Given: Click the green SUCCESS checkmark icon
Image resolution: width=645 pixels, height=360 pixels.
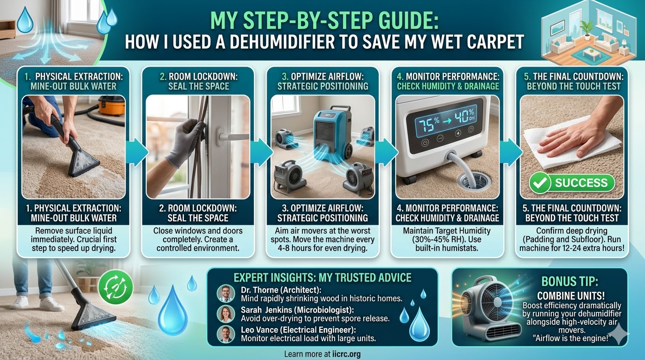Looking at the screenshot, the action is click(x=540, y=183).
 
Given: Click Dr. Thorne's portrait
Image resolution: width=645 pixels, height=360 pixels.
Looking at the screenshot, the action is click(x=226, y=293).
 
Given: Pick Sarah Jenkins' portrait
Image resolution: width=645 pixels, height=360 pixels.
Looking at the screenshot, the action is click(x=226, y=314).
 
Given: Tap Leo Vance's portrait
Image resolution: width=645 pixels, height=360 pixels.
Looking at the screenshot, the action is click(x=226, y=334).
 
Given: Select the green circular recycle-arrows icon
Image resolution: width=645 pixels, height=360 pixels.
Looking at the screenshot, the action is click(x=115, y=287).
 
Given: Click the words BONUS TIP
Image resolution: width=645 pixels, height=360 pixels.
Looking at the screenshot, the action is click(x=570, y=281).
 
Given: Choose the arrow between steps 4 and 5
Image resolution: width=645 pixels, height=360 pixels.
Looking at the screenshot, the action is click(x=511, y=153).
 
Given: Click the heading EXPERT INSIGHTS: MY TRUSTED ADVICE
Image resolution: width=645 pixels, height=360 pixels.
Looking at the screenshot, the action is click(x=322, y=277).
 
